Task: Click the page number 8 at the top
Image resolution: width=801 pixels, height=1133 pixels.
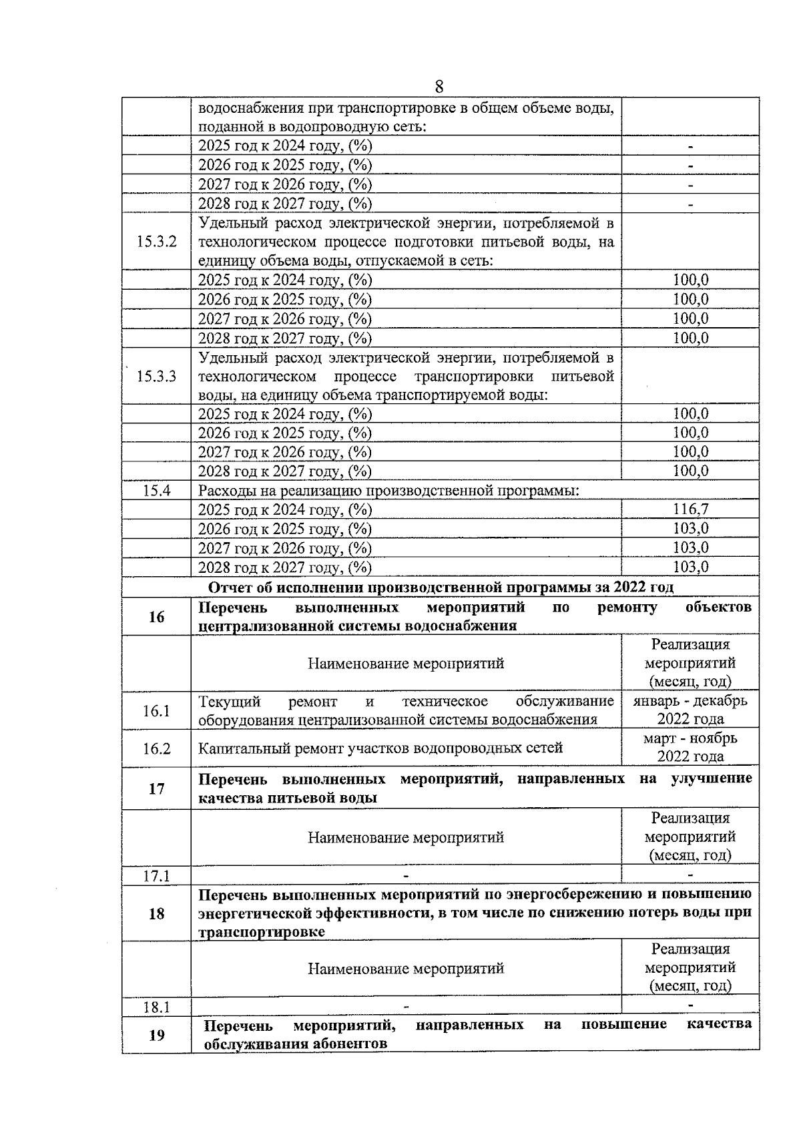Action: click(439, 87)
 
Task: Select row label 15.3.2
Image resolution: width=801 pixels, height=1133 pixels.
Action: click(156, 242)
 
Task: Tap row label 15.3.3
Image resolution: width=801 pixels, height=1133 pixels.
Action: click(156, 376)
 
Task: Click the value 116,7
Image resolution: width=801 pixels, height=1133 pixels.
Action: click(690, 509)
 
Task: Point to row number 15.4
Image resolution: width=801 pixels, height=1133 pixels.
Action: click(156, 491)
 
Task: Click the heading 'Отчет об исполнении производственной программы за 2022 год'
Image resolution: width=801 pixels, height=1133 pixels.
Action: click(441, 587)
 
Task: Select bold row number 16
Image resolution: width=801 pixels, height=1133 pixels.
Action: click(156, 617)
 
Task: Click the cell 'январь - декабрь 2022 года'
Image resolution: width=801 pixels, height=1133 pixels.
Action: click(690, 710)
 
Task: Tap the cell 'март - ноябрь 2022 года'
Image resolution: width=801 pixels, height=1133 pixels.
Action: click(690, 747)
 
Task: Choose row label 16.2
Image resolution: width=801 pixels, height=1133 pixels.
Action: click(156, 748)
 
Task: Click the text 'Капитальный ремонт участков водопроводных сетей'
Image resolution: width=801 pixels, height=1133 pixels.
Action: click(380, 748)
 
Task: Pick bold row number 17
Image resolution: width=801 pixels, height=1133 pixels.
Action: click(156, 789)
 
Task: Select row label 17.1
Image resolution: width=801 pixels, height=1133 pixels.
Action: click(156, 875)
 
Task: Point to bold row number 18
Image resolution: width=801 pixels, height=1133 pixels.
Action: click(156, 913)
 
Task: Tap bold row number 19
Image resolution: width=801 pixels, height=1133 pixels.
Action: click(156, 1036)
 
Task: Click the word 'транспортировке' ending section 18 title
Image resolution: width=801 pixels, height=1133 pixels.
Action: click(261, 932)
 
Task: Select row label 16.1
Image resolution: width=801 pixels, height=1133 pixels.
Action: click(156, 710)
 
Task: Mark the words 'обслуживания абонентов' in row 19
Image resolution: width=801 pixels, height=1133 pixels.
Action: click(295, 1044)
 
